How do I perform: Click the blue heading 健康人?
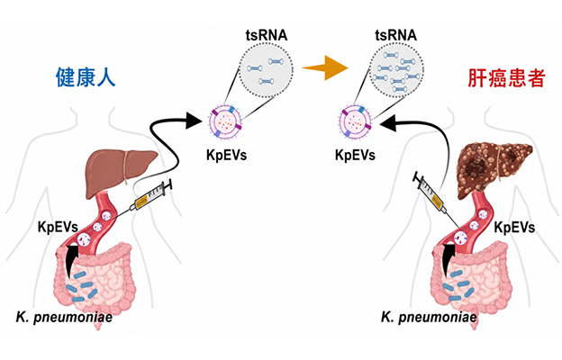click(86, 77)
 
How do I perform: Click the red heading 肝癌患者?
click(506, 78)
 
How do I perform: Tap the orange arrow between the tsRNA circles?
click(325, 67)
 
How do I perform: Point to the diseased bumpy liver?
click(494, 168)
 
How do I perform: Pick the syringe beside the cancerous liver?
click(431, 193)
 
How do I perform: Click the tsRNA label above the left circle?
click(267, 35)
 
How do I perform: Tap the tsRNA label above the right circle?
click(396, 35)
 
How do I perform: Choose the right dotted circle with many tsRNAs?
click(396, 70)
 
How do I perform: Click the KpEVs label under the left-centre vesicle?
click(227, 155)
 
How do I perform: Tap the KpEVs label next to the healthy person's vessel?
click(58, 227)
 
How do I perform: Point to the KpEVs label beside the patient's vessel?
click(514, 228)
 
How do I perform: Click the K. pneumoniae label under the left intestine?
click(64, 317)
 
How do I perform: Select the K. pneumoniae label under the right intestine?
click(429, 317)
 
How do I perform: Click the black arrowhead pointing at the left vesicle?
click(195, 120)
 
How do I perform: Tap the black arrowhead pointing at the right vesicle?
click(388, 123)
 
